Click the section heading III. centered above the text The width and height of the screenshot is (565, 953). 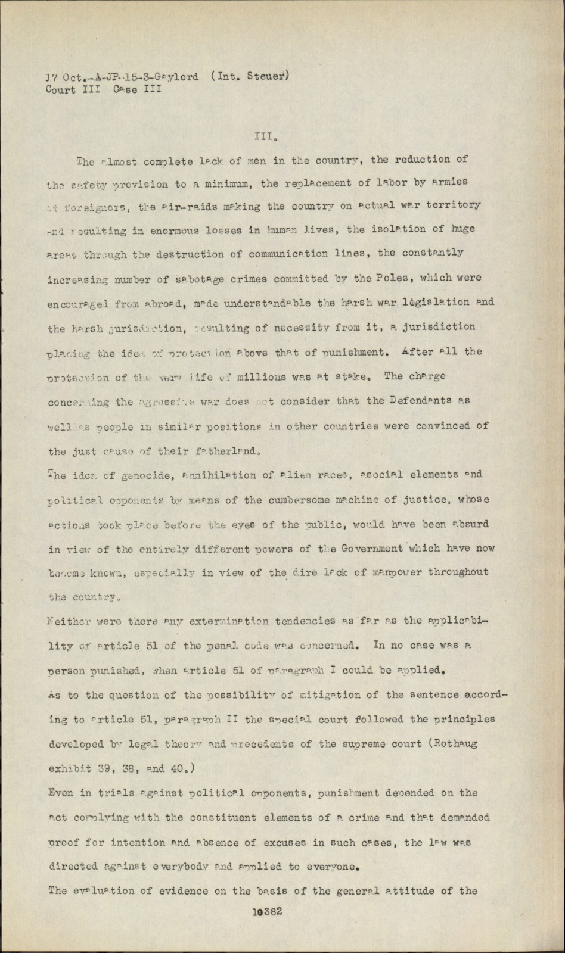tap(263, 136)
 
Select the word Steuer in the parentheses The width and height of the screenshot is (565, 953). tap(270, 75)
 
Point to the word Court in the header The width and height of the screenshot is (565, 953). tap(61, 90)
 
